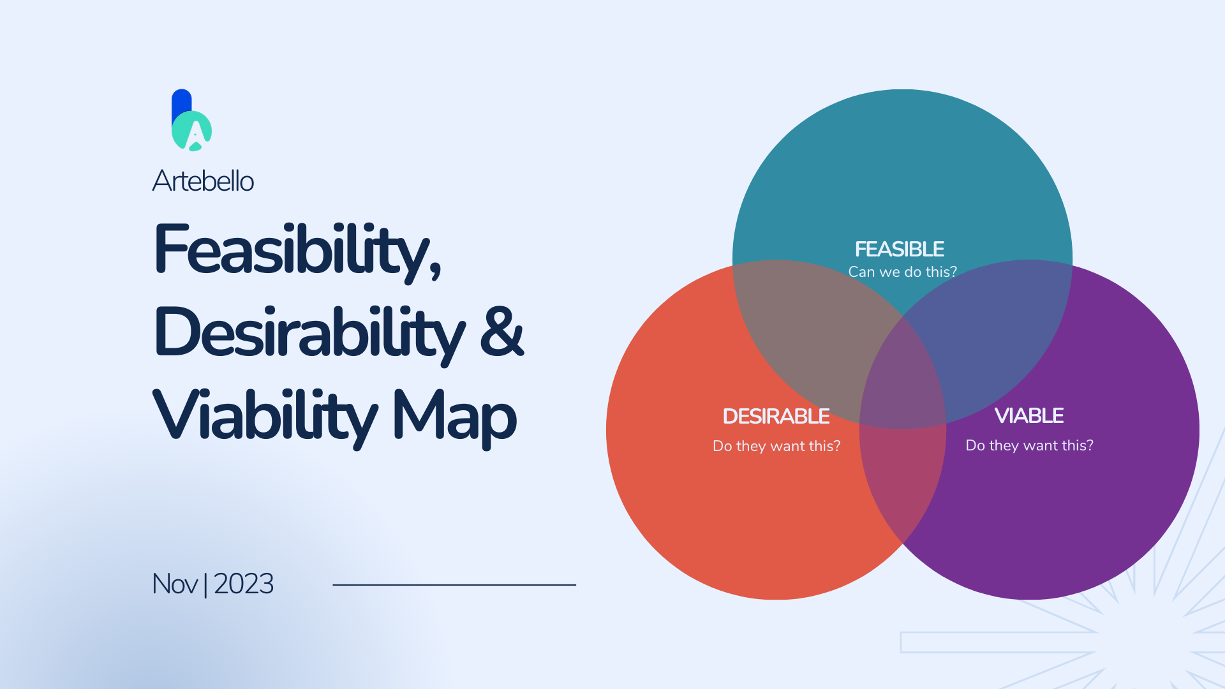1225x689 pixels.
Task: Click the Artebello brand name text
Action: [x=203, y=181]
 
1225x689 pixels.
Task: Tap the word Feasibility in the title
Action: [x=297, y=251]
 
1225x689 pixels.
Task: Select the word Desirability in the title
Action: [x=309, y=334]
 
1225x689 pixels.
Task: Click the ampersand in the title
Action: [x=501, y=331]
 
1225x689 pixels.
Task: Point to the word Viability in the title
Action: [x=265, y=416]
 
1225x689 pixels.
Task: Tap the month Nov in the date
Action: [x=175, y=584]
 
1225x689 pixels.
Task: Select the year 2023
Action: [x=244, y=584]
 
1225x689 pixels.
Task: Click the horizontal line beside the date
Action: [x=454, y=584]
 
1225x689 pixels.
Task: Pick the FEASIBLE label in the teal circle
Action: [x=900, y=249]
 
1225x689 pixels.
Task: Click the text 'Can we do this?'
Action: [x=902, y=272]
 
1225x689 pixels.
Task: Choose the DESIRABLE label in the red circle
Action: [x=776, y=416]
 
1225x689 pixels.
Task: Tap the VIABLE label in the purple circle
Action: [x=1029, y=415]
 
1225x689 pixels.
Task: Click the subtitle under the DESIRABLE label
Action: [x=776, y=446]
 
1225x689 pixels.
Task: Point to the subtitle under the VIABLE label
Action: [x=1029, y=445]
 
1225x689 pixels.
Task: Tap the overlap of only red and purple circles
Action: [x=902, y=485]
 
